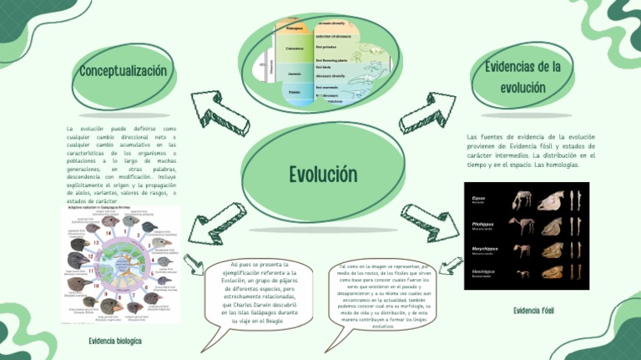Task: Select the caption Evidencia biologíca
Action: click(114, 342)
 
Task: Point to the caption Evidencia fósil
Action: click(533, 310)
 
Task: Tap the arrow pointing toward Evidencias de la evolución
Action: click(426, 113)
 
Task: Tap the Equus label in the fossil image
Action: click(478, 198)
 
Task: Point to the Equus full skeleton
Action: click(522, 200)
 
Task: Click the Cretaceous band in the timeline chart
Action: click(295, 48)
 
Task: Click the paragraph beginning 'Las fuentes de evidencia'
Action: click(531, 150)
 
